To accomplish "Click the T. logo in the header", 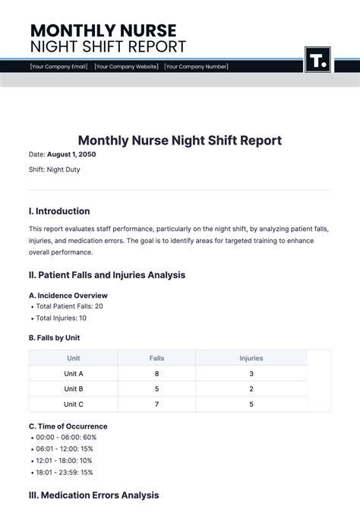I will tap(317, 60).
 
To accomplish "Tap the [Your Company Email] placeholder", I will tap(59, 67).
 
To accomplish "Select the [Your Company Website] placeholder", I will tap(126, 67).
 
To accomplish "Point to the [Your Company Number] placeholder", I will tap(196, 67).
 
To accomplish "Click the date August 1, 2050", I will tap(71, 154).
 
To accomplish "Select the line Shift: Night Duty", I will tap(54, 169).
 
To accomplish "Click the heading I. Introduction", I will tap(59, 211).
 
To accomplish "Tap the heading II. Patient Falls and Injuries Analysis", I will tap(107, 275).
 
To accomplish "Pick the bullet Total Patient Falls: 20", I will tap(69, 306).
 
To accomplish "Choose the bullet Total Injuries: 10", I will tap(62, 318).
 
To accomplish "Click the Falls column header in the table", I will tap(156, 358).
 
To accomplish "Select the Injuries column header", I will tap(251, 358).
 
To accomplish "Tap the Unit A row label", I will tap(74, 374).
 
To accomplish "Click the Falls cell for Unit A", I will tap(156, 374).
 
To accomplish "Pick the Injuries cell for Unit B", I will tap(251, 389).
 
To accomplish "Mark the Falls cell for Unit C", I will tap(156, 404).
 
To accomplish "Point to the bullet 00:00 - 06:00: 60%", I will tap(66, 438).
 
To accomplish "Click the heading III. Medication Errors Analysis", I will tap(94, 496).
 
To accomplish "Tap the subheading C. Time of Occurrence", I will tap(68, 426).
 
